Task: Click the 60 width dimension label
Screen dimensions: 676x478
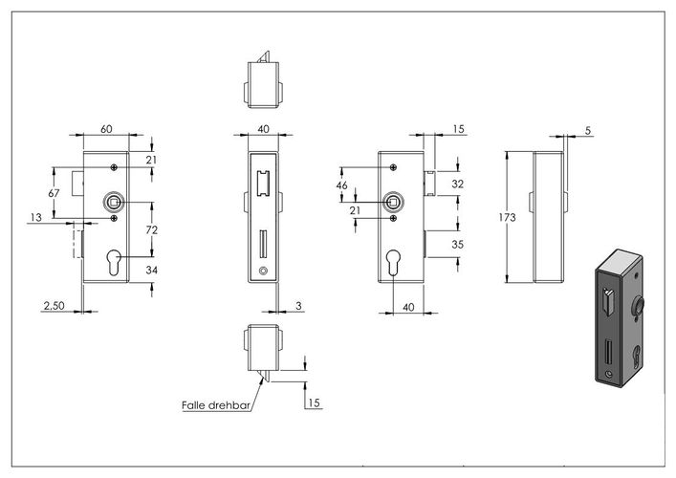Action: [106, 129]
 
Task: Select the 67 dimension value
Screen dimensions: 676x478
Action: [54, 193]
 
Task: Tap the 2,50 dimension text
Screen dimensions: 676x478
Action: [54, 306]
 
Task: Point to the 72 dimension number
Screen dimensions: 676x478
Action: [152, 230]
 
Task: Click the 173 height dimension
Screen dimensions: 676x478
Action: [507, 217]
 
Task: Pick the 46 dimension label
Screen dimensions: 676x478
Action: [342, 185]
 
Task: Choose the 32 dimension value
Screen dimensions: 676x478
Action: [457, 185]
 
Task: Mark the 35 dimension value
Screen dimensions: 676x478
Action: [457, 245]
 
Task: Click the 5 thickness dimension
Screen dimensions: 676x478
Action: [588, 131]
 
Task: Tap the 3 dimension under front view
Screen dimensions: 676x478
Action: [298, 306]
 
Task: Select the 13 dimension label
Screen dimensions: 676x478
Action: [36, 218]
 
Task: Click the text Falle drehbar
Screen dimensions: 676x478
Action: [216, 405]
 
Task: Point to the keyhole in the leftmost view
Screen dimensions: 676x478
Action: [114, 262]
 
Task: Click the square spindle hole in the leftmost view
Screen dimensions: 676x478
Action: [114, 202]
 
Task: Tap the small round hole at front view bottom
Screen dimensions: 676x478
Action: [263, 271]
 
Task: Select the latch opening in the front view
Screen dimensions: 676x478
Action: [263, 183]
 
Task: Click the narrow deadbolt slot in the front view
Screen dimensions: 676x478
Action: [263, 245]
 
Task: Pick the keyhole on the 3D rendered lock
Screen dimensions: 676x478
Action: [637, 356]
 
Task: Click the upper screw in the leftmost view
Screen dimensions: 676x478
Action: [114, 167]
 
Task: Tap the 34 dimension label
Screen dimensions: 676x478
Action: [152, 271]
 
